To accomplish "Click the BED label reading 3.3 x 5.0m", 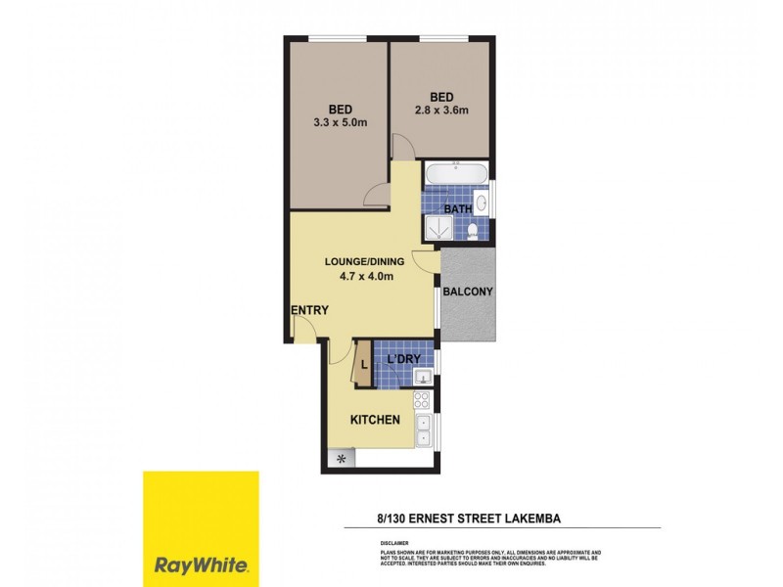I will point(340,109).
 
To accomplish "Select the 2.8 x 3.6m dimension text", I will point(441,111).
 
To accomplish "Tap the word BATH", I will point(458,208).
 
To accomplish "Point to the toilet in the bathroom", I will point(473,230).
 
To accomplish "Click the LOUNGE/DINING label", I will point(359,261).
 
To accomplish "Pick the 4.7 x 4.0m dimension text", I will point(359,276).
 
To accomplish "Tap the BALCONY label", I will point(467,292).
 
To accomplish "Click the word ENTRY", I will point(308,310).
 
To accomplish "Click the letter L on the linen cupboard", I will point(364,367).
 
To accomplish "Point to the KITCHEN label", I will point(376,420).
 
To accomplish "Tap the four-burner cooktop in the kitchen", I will point(423,399).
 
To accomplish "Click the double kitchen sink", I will point(423,429).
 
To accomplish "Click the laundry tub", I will point(424,376).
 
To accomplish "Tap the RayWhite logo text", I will point(202,564).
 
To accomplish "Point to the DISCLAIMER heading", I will point(394,541).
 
